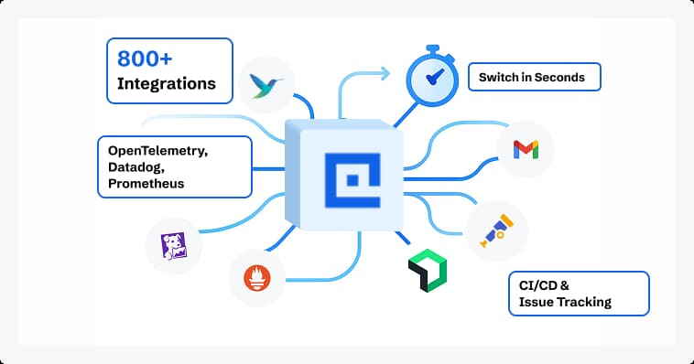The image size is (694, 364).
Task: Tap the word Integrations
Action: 167,84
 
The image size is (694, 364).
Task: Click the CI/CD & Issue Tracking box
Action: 578,293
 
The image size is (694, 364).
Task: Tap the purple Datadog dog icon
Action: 174,245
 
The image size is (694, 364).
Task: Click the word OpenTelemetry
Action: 157,150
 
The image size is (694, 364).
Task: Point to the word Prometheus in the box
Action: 146,183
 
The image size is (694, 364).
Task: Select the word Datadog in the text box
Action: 135,166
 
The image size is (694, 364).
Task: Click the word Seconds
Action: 558,78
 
